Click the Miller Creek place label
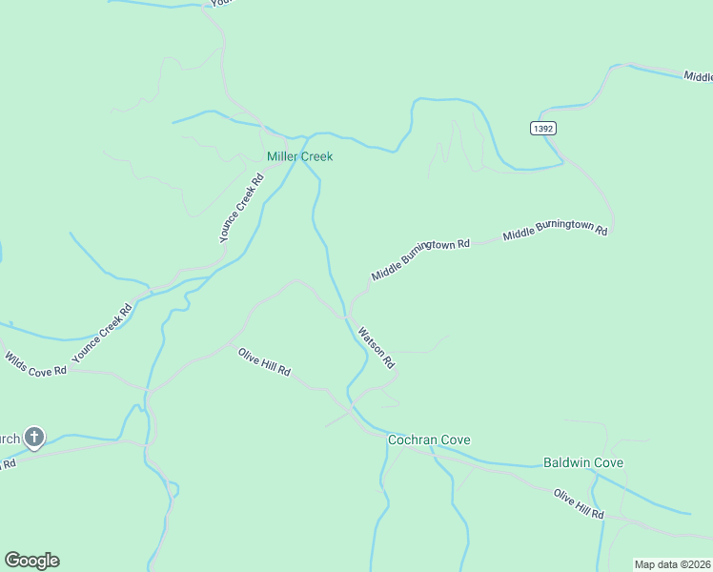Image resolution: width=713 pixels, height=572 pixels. pos(299,156)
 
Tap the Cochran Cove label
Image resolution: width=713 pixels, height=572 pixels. pos(429,439)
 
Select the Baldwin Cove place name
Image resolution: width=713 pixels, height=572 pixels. pos(583,462)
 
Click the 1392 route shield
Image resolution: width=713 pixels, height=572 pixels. pos(543,128)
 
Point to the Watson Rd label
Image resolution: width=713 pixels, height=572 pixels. pos(376,348)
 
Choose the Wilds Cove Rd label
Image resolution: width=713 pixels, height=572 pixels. pos(36,363)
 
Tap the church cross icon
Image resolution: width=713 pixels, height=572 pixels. pos(34,439)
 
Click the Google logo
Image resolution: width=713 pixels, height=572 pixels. pos(31,561)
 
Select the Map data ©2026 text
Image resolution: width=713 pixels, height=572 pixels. pos(673,564)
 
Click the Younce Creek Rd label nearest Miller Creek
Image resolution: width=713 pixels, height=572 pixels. pos(241,208)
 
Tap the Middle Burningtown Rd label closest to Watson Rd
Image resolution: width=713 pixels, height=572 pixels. pos(421,258)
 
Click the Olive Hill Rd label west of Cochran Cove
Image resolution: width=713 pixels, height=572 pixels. pos(264,362)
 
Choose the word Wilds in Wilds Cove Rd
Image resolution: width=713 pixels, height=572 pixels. pos(17,357)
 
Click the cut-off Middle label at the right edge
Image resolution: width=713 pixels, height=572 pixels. pos(698,75)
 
